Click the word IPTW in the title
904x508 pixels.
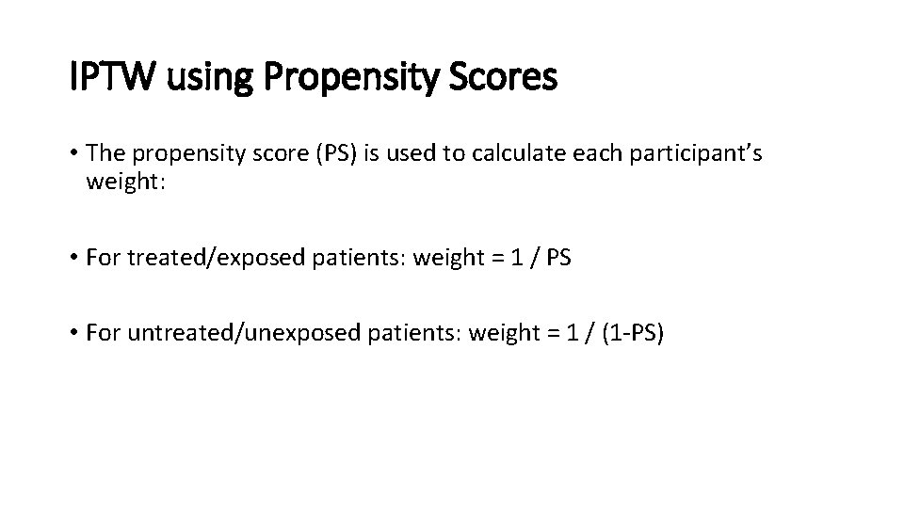111,78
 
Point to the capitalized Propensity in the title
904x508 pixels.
347,78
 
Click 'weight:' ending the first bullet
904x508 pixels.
125,181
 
